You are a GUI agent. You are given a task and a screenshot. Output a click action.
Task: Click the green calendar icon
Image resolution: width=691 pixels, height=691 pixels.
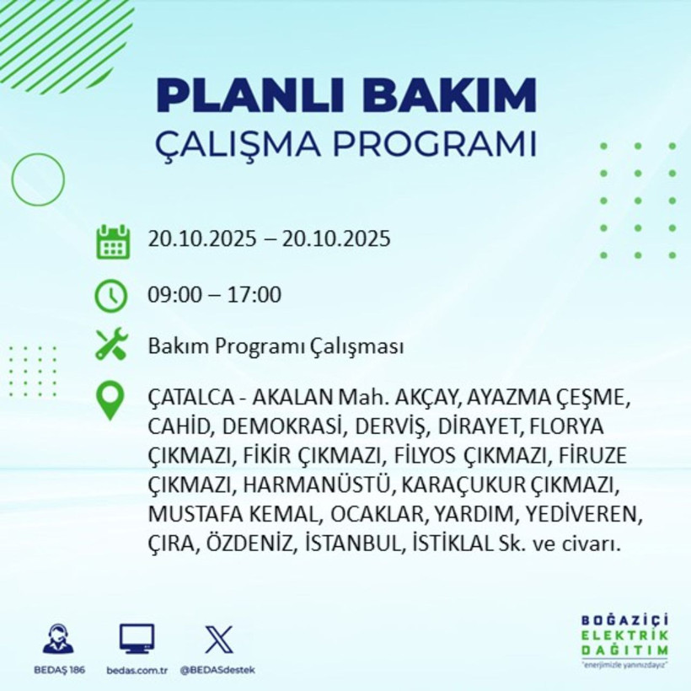tap(112, 241)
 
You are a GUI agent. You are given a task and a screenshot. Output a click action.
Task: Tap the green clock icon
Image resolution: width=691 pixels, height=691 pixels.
tap(111, 296)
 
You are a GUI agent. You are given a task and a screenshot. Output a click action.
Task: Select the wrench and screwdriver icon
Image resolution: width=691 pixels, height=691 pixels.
tap(111, 345)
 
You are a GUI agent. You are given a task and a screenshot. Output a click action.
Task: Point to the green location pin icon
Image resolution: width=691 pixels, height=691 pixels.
tap(111, 400)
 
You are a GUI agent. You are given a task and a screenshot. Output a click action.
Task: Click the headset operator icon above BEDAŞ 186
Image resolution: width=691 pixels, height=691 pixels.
tap(58, 640)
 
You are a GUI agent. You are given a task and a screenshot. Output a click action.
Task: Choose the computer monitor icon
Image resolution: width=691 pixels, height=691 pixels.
tap(137, 640)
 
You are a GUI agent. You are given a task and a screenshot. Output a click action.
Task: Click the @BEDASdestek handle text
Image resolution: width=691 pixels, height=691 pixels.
tap(217, 670)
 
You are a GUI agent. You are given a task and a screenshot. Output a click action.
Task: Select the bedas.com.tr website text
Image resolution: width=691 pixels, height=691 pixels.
tap(137, 670)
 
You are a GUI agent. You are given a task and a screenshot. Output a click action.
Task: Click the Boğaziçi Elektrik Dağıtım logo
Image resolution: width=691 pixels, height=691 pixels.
tap(624, 640)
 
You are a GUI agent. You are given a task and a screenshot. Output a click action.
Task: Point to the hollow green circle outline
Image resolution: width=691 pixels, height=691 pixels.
tap(38, 179)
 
